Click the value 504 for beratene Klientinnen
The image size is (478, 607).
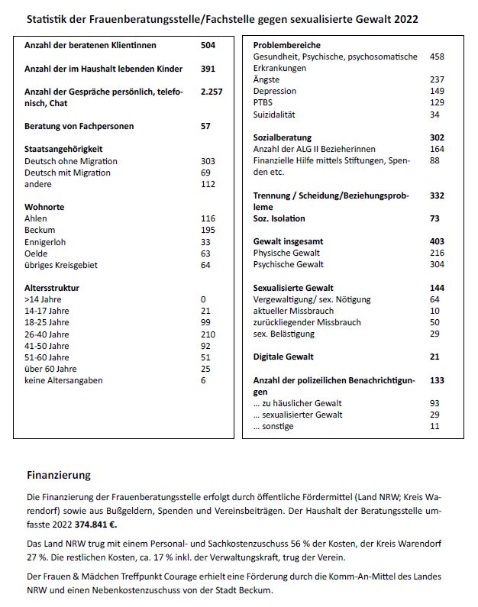click(x=207, y=46)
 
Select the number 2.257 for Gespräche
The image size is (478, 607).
click(x=211, y=92)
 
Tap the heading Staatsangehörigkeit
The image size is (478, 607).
click(x=63, y=149)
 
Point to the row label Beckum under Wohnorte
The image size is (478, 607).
click(x=40, y=231)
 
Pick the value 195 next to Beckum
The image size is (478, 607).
click(x=207, y=231)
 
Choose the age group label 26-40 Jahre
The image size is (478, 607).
click(x=47, y=334)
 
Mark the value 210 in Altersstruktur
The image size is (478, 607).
click(x=207, y=334)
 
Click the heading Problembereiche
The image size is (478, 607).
click(x=286, y=46)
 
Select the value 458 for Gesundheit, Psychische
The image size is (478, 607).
click(x=437, y=57)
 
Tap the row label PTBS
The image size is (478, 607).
click(x=264, y=102)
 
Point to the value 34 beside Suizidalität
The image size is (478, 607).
click(x=434, y=115)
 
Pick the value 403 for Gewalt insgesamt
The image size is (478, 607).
click(x=437, y=241)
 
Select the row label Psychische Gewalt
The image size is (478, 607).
click(x=289, y=264)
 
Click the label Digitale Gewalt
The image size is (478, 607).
click(x=283, y=357)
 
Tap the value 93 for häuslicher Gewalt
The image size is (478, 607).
click(x=434, y=403)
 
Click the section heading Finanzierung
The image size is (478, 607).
click(x=58, y=474)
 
